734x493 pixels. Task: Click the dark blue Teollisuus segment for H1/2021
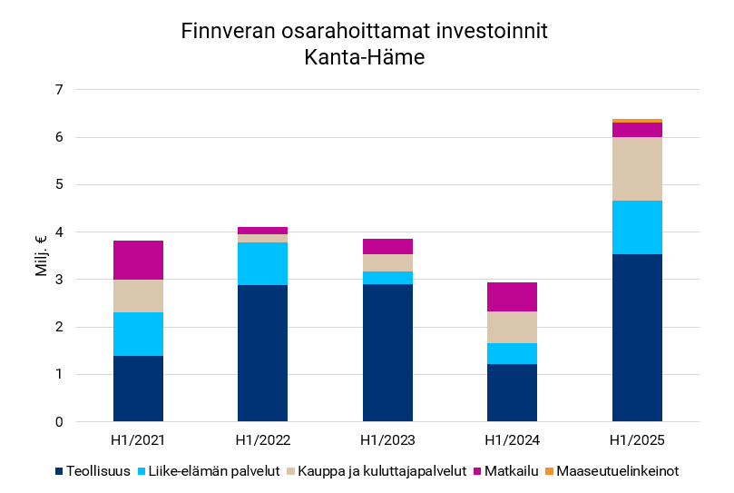(x=138, y=389)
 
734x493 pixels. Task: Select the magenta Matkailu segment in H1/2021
(x=138, y=260)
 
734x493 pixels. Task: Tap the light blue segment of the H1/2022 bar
(x=262, y=263)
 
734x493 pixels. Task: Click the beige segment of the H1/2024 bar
(x=512, y=327)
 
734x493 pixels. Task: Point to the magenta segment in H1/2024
(x=512, y=297)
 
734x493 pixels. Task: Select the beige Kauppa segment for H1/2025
(x=637, y=169)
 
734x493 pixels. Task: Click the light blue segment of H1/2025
(x=637, y=227)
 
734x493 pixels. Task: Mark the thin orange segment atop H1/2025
(x=637, y=121)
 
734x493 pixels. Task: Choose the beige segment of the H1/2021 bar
(x=138, y=296)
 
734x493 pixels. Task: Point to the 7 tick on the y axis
(x=59, y=90)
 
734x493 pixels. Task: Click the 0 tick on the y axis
(x=59, y=422)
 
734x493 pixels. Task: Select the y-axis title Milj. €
(x=42, y=256)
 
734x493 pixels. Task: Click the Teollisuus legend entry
(x=93, y=471)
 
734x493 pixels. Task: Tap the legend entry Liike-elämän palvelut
(x=204, y=471)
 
